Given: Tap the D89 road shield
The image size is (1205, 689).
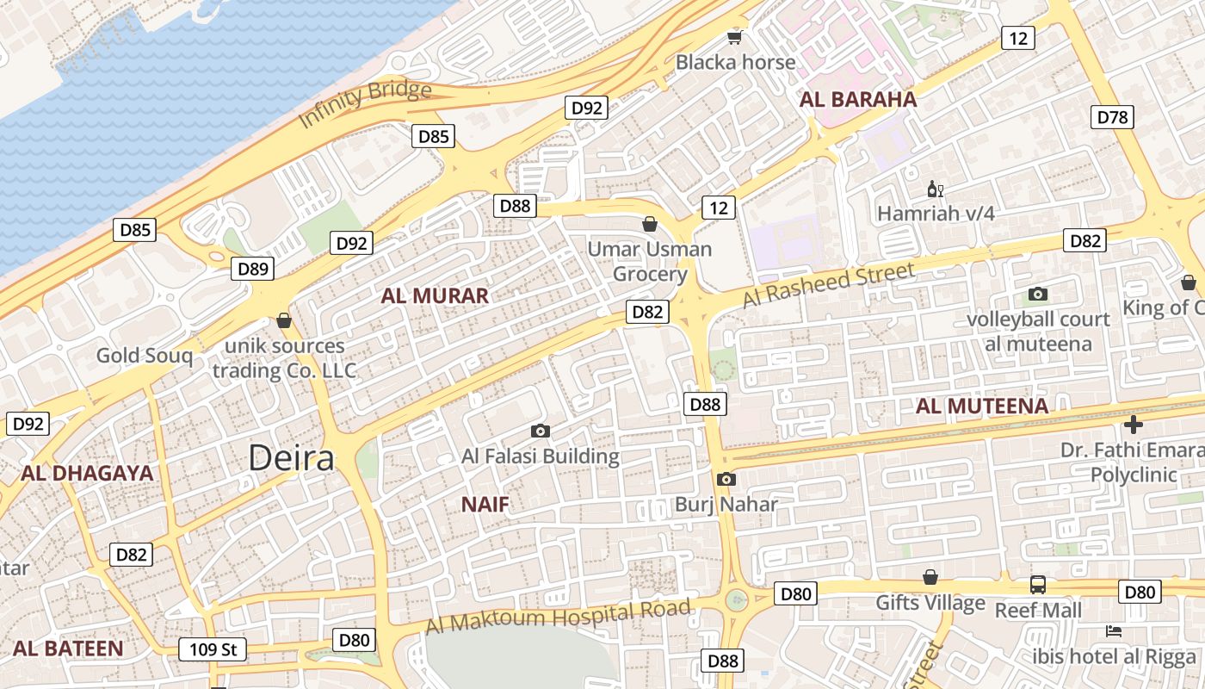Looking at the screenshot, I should coord(253,269).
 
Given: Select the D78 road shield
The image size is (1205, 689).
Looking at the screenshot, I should coord(1112,117).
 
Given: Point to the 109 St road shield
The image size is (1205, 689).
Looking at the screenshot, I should coord(213,649).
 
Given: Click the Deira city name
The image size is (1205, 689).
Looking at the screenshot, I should coord(291,458).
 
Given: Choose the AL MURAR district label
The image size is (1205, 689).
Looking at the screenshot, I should coord(435,296).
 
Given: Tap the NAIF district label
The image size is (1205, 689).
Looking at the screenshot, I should coord(485,505).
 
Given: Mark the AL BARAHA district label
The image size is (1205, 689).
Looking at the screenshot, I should coord(858,99).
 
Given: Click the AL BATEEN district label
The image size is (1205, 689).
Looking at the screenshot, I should coord(68,649).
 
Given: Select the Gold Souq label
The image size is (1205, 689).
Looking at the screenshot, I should coord(144,355).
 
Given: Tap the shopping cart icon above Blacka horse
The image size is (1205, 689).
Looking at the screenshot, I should coord(734,36).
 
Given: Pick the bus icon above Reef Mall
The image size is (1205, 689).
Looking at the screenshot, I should coord(1038,585).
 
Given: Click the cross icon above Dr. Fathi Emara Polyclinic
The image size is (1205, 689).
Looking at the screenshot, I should coord(1134,425).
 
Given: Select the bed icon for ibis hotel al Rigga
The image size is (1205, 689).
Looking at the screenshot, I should coord(1114,631).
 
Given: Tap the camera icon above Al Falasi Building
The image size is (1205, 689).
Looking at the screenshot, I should coord(541,431).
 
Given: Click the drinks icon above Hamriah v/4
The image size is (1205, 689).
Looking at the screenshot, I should coord(935,189).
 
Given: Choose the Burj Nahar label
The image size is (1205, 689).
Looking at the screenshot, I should coord(726,505).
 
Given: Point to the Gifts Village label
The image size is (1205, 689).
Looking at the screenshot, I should coord(930,603).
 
